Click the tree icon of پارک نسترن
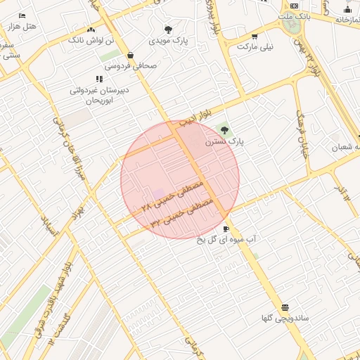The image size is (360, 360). (x=224, y=130)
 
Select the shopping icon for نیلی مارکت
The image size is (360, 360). (x=255, y=36)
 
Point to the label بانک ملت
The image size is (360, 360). (x=294, y=15)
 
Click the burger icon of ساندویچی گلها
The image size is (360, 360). (x=285, y=307)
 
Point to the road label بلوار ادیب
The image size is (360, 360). (x=195, y=117)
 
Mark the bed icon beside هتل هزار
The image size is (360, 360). (x=22, y=15)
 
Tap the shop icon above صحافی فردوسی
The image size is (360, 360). (x=131, y=55)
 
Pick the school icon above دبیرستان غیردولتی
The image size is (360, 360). (x=99, y=79)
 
